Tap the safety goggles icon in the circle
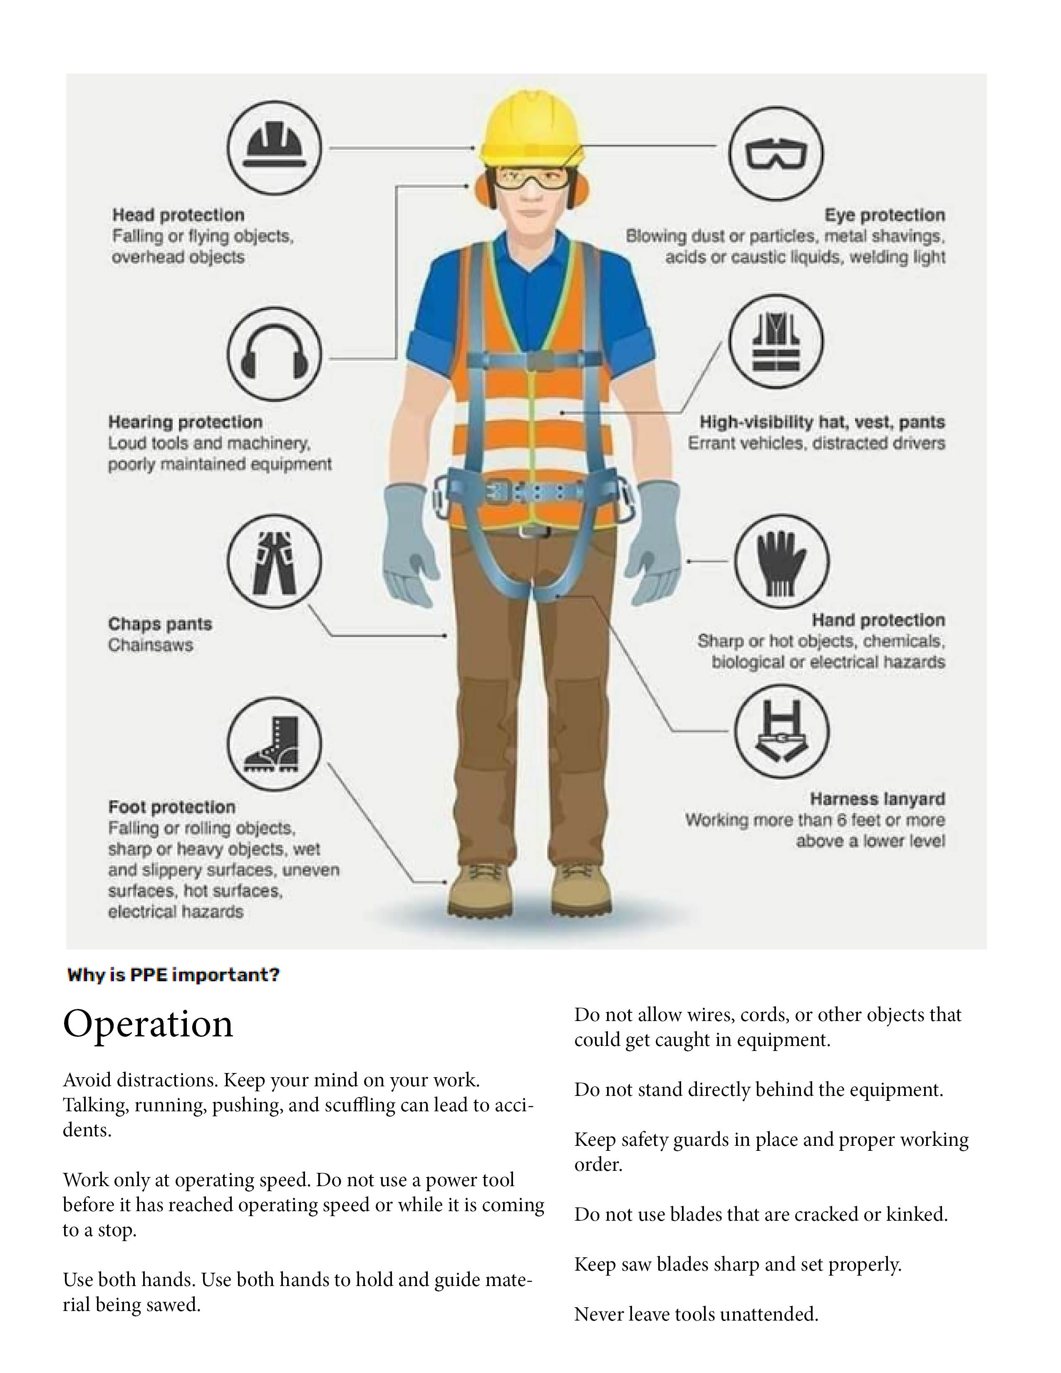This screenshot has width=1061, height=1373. (776, 153)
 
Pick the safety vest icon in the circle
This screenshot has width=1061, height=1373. (776, 342)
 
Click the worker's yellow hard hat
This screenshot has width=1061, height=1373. (530, 126)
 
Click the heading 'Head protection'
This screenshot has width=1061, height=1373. (178, 215)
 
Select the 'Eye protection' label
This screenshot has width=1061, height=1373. (885, 215)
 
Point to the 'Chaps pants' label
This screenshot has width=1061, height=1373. (160, 624)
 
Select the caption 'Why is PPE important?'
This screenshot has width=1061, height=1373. (173, 975)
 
